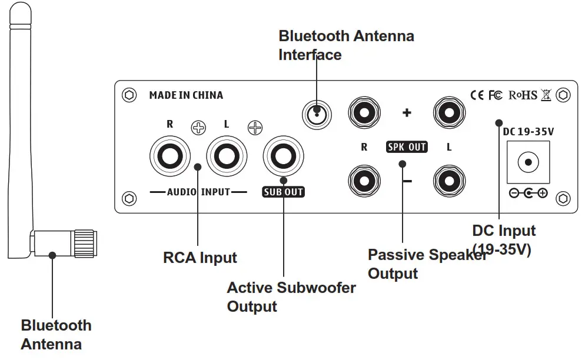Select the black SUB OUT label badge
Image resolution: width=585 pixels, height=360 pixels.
(x=283, y=192)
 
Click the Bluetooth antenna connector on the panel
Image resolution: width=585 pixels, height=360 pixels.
(x=317, y=112)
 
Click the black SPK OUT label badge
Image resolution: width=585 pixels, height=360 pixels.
(x=407, y=147)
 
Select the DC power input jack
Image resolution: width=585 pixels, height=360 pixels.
(x=528, y=162)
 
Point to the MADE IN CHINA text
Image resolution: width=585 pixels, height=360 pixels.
(x=186, y=95)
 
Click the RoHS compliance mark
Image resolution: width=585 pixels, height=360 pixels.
(x=523, y=95)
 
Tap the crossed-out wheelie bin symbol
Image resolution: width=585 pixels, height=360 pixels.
(x=546, y=95)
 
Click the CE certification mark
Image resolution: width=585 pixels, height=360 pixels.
(x=477, y=95)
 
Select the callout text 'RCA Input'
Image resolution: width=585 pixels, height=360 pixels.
(x=200, y=258)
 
